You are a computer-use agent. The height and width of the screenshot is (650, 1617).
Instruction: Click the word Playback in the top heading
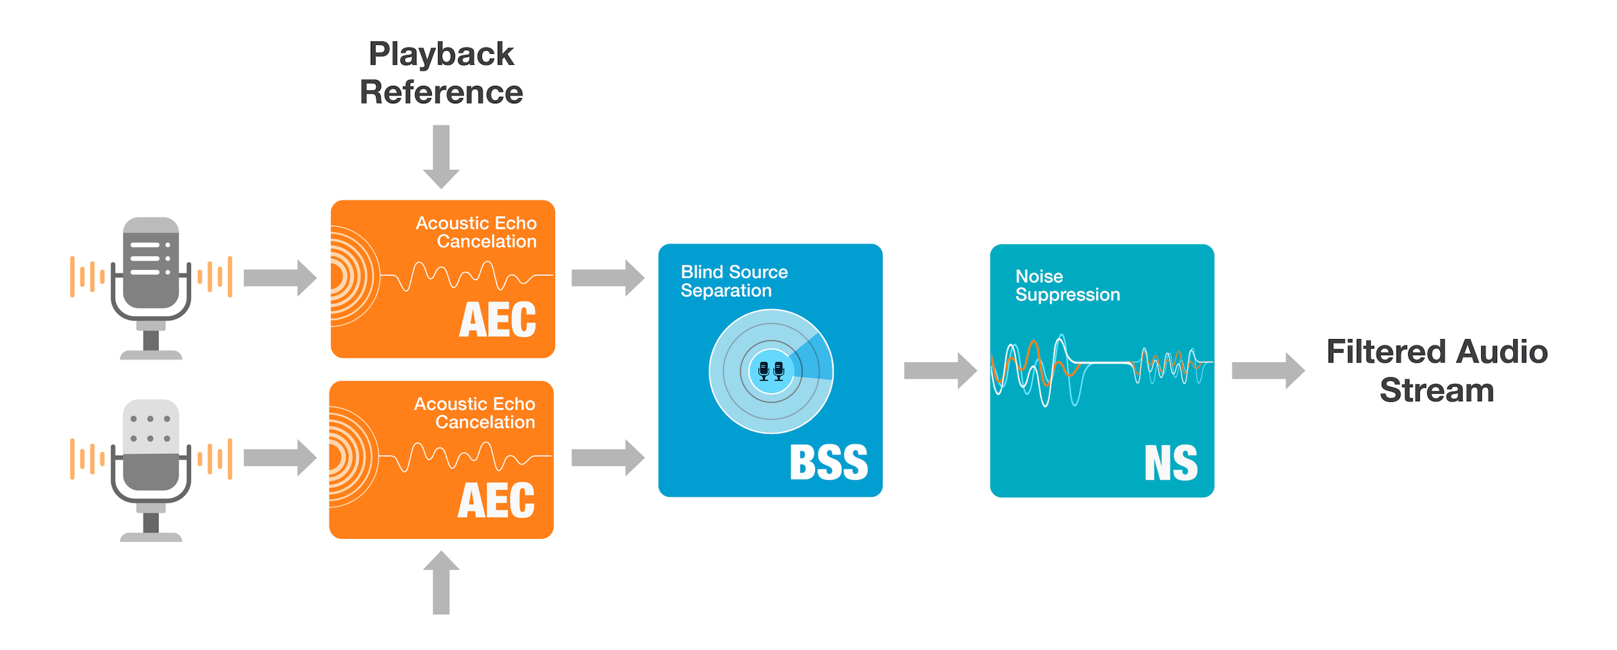(x=441, y=54)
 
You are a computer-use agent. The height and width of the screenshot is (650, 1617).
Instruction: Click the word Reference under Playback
(x=441, y=92)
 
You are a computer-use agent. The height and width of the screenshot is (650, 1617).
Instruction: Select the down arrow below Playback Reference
(x=441, y=156)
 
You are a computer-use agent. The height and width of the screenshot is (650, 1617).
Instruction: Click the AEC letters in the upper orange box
(x=497, y=320)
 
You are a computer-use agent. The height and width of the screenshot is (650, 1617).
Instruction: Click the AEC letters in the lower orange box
(x=496, y=501)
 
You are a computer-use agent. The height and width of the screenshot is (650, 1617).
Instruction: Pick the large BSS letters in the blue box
(x=828, y=462)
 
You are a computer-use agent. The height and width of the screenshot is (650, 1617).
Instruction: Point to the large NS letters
(x=1170, y=463)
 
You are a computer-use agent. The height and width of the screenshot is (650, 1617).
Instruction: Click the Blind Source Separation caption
(x=734, y=281)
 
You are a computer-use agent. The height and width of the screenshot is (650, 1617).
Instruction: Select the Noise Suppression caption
(x=1067, y=285)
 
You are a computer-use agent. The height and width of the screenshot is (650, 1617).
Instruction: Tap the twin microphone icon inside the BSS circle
(x=771, y=371)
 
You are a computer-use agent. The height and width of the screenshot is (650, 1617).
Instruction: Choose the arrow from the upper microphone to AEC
(x=280, y=278)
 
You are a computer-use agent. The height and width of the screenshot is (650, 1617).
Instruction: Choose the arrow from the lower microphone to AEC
(x=280, y=458)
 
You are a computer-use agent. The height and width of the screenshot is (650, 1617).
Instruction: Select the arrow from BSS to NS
(x=940, y=370)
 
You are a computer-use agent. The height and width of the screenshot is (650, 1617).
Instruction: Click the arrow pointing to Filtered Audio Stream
(x=1268, y=370)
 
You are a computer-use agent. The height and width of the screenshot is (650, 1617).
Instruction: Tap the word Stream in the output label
(x=1436, y=390)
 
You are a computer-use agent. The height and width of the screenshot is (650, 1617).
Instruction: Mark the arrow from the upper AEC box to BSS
(x=607, y=278)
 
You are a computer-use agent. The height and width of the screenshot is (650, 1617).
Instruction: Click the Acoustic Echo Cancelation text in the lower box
(x=474, y=413)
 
